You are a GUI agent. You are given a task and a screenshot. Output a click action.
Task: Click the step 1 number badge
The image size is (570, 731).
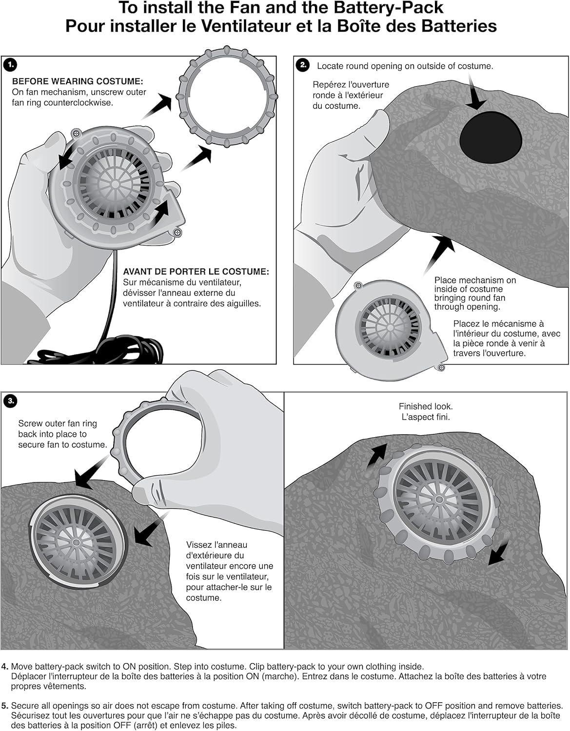point(10,64)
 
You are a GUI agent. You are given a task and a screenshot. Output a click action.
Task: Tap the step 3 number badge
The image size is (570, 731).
point(10,401)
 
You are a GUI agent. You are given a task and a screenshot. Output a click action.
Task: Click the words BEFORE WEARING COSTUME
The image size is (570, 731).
point(78,81)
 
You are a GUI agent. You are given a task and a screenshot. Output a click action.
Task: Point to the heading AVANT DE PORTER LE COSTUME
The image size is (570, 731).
point(196,272)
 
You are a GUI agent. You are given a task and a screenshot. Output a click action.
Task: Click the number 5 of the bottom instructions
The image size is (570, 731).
point(5,706)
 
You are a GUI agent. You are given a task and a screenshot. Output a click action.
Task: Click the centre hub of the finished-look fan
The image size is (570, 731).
point(439,500)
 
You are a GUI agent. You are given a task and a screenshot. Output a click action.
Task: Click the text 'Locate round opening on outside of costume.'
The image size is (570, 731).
point(405,66)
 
